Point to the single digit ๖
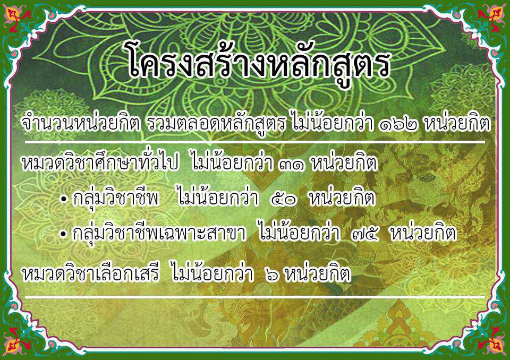coord(271,275)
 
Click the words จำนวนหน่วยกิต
coord(80,124)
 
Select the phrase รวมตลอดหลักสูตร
coord(216,124)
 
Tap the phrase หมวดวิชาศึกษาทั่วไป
coord(100,161)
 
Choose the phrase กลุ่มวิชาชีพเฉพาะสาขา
coord(159,233)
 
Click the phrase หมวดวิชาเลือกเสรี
coord(91,273)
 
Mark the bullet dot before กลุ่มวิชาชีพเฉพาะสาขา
coord(63,234)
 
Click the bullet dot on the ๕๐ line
coord(63,199)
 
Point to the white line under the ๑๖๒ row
coord(254,142)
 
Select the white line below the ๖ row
coord(254,297)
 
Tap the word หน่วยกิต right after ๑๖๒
coord(457,124)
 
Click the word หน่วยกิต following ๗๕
coord(423,233)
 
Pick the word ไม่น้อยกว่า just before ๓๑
coord(232,161)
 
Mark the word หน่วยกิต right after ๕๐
coord(342,197)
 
